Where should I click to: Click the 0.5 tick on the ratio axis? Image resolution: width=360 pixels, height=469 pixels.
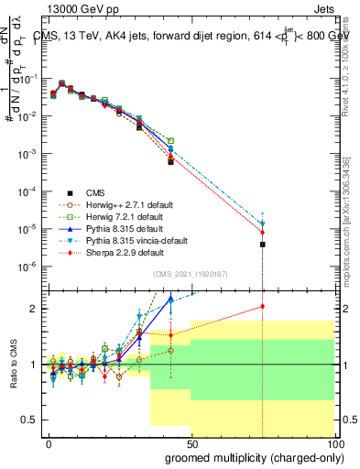tap(29, 420)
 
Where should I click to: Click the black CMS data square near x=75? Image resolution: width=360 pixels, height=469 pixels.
tap(263, 245)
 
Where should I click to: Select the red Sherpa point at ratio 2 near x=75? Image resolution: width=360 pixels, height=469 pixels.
tap(263, 307)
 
